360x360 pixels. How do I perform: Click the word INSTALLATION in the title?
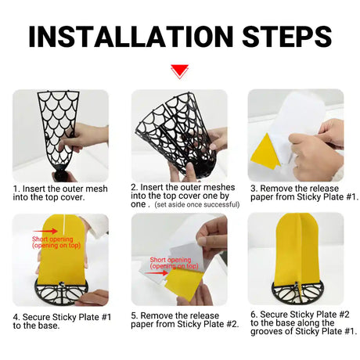click(131, 36)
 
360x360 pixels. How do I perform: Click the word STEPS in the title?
click(287, 36)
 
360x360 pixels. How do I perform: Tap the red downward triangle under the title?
click(179, 71)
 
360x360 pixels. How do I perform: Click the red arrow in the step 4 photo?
click(45, 231)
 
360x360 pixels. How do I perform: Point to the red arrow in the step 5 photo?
click(156, 273)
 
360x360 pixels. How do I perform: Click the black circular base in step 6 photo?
click(297, 291)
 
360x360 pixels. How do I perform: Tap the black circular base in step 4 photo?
click(61, 292)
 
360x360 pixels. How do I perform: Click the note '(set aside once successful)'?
click(197, 204)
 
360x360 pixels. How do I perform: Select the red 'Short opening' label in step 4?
click(56, 242)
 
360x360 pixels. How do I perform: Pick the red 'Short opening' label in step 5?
click(174, 263)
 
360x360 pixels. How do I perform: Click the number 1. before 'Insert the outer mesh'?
click(16, 189)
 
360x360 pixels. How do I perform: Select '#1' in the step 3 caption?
click(351, 196)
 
